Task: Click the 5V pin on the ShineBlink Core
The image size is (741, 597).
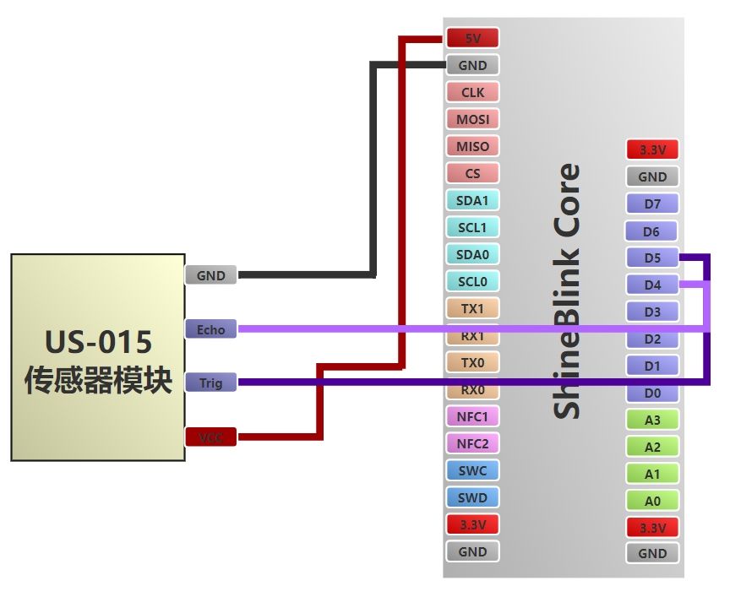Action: [x=472, y=38]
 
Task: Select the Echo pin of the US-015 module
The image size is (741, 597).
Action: [x=210, y=329]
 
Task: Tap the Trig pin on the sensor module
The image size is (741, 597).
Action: [x=210, y=383]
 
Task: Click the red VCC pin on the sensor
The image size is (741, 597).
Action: [x=210, y=437]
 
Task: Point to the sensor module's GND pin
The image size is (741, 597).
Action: [x=210, y=275]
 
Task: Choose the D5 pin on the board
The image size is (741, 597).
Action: [x=652, y=258]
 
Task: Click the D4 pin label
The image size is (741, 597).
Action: [x=652, y=285]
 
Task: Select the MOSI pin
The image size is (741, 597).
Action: [x=472, y=119]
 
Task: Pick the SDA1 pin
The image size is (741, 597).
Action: [x=472, y=200]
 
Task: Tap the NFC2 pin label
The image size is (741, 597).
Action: [x=472, y=443]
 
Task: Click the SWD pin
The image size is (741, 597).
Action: [x=472, y=497]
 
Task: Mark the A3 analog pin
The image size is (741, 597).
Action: [x=652, y=420]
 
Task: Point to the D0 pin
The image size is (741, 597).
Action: [x=652, y=393]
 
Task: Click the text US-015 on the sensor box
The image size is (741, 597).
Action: [x=99, y=342]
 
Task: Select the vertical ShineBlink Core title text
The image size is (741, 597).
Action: [x=567, y=291]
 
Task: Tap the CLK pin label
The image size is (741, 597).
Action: [x=472, y=92]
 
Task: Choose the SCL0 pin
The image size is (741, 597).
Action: [x=472, y=281]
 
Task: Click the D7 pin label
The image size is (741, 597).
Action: [x=652, y=204]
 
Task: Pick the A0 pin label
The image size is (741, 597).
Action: [x=652, y=501]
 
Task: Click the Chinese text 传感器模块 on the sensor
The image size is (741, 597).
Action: [x=99, y=380]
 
